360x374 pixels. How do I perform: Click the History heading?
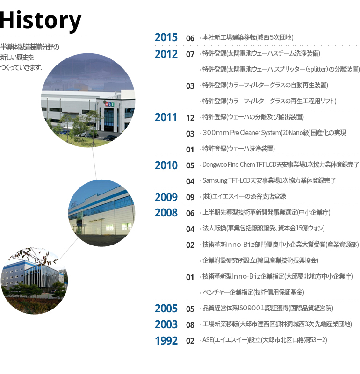41,21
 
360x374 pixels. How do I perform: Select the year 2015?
166,37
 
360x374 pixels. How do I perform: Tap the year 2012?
166,54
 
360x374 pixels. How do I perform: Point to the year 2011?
166,117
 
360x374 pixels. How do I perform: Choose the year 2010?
166,165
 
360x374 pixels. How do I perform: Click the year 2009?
166,197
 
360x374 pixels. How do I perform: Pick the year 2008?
166,213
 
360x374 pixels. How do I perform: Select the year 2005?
166,309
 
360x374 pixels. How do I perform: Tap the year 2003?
166,324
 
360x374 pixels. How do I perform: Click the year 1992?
166,341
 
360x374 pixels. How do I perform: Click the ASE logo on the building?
109,104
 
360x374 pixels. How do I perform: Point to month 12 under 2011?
190,118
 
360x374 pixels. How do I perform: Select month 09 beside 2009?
190,197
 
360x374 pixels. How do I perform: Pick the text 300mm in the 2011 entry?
216,133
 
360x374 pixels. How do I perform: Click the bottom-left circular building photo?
34,280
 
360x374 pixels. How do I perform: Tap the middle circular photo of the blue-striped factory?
101,213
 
